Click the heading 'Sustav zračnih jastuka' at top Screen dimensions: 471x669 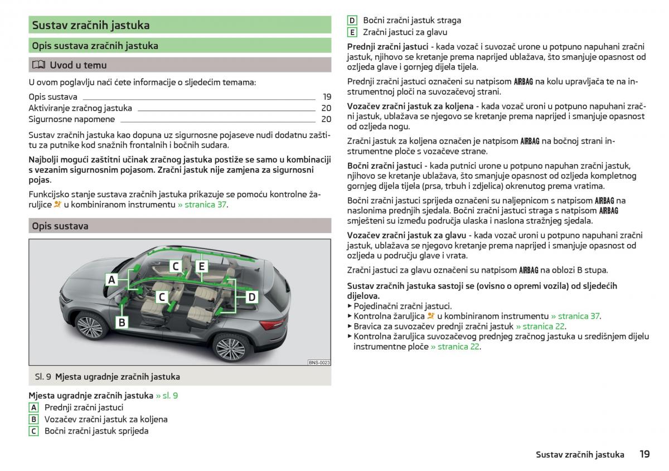click(91, 25)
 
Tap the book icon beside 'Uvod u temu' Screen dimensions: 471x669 click(38, 65)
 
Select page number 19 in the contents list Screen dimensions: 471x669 click(327, 97)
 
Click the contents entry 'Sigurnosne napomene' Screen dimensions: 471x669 click(72, 119)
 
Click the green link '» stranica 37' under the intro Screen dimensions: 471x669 click(202, 205)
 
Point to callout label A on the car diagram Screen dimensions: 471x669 click(111, 280)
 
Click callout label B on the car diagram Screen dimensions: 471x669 click(122, 322)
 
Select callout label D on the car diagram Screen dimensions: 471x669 click(251, 297)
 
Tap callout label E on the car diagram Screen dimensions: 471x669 click(202, 266)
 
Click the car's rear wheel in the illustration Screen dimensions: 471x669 click(230, 348)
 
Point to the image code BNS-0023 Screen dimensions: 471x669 click(319, 362)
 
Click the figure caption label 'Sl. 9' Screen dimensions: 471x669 click(43, 377)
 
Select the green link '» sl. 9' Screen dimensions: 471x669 click(167, 396)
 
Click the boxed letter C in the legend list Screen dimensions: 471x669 click(34, 431)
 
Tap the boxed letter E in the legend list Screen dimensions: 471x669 click(352, 32)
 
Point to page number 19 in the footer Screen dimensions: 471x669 click(644, 454)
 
